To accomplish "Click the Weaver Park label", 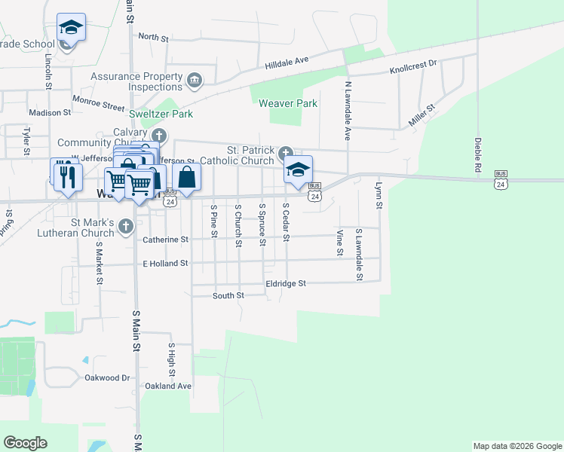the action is click(288, 103).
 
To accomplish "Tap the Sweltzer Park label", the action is click(161, 114).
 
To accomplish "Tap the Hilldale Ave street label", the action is click(287, 63).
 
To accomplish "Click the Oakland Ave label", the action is click(168, 386).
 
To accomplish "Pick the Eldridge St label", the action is click(286, 283).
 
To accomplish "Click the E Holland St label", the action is click(164, 263).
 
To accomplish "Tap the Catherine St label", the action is click(164, 240).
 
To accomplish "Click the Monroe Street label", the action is click(98, 99).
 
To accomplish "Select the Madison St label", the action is click(49, 112).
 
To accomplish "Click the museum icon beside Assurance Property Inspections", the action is click(194, 80).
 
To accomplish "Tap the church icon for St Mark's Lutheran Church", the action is click(126, 224).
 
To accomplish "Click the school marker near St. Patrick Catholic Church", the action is click(299, 169).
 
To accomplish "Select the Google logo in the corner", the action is click(26, 443).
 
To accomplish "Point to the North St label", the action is click(153, 37).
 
